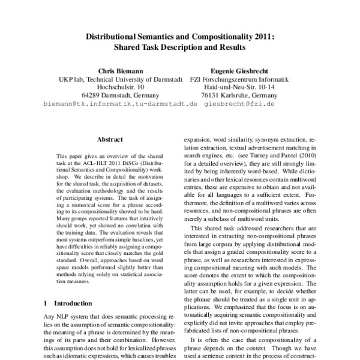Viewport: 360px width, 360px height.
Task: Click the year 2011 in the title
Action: tap(260, 35)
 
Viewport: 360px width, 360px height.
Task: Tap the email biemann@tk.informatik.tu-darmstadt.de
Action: tap(120, 104)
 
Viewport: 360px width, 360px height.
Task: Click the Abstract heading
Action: tap(110, 138)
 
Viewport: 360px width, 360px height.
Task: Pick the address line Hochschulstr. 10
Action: tap(120, 87)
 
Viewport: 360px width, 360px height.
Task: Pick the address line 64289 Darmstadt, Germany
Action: tap(120, 95)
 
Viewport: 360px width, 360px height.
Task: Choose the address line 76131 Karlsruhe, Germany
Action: tap(239, 95)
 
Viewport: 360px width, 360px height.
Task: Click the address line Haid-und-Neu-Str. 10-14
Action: tap(239, 87)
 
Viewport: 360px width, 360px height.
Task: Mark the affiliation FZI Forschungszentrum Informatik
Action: tap(239, 79)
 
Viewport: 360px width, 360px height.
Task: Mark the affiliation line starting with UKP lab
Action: tap(120, 79)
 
